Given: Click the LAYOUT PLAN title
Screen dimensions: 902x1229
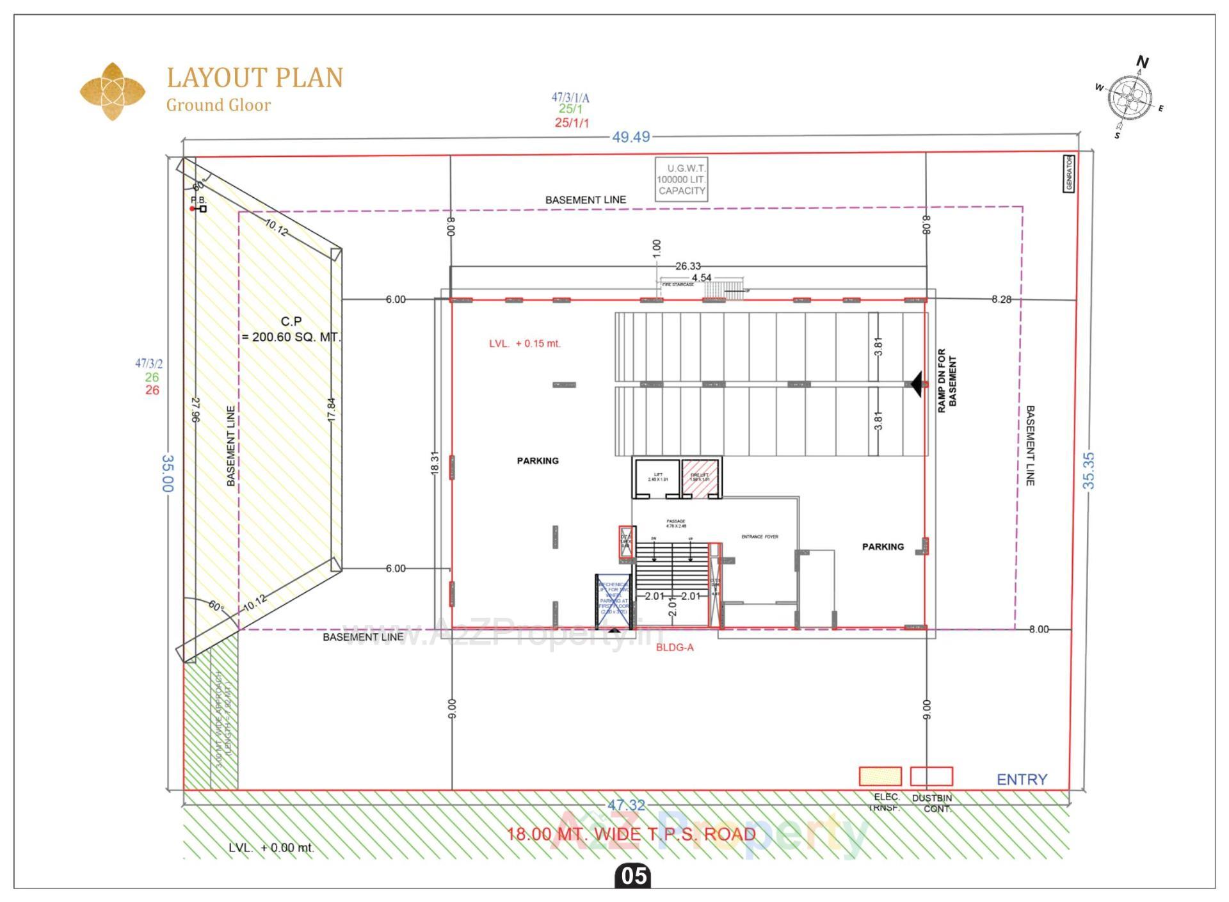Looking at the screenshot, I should (x=255, y=77).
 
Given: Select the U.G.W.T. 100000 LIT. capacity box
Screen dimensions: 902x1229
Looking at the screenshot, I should (x=681, y=180).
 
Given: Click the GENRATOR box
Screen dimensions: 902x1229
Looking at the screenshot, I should (x=1068, y=173).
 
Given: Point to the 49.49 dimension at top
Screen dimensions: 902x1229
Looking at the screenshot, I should (x=631, y=137).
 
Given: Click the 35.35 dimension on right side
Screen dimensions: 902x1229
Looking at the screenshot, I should (x=1088, y=471).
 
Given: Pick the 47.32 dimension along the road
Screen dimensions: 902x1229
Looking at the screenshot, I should (x=626, y=805).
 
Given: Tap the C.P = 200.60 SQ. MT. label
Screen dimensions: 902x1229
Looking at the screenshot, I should (x=291, y=329).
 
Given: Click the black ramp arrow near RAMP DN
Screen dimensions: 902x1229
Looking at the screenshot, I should (x=917, y=384).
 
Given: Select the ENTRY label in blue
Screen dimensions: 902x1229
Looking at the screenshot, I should (x=1022, y=779).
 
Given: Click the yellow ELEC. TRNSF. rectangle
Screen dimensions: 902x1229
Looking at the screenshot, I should (x=880, y=776).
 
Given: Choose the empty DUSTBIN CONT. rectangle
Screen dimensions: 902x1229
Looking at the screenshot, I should (x=931, y=776).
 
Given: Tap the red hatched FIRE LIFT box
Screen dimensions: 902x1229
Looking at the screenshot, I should (x=700, y=478).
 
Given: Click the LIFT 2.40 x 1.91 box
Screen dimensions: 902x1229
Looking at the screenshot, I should (x=657, y=478).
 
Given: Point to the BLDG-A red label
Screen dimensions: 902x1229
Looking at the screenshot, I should (x=675, y=647).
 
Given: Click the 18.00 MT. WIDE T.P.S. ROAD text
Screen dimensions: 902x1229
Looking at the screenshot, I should (x=631, y=834).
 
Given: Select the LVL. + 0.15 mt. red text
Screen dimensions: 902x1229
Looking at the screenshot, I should (x=524, y=344).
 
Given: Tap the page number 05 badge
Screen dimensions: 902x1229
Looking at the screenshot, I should (x=633, y=876).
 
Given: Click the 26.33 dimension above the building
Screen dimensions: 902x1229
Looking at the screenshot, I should (x=687, y=266).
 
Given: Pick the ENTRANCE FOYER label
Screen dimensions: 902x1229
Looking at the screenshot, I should (x=760, y=536).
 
